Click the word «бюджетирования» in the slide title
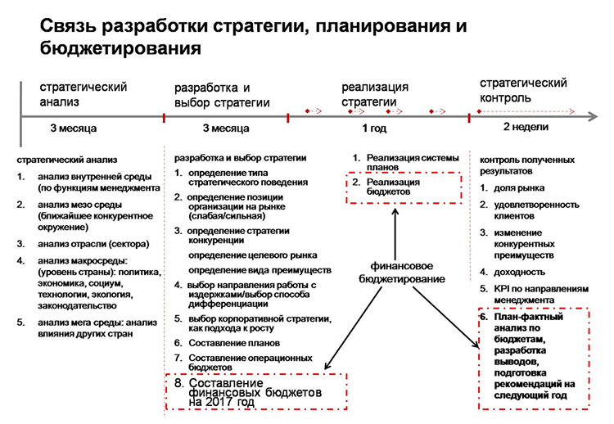coord(120,48)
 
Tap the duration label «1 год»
coord(374,129)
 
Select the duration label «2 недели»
coord(526,127)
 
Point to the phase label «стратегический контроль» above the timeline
coord(523,90)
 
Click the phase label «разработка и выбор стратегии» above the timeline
coord(222,95)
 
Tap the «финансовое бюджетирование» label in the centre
coord(402,273)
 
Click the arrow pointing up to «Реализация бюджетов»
coord(395,234)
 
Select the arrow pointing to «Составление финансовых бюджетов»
coord(353,327)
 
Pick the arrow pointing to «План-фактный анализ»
coord(446,317)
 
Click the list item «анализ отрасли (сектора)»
coord(93,244)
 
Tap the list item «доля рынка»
coord(519,188)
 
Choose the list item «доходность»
coord(519,272)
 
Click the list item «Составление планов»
coord(234,343)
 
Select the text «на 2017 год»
coord(222,402)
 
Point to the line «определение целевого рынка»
coord(253,255)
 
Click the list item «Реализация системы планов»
coord(413,162)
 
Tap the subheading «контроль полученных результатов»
coord(527,165)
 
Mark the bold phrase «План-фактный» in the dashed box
coord(528,317)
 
